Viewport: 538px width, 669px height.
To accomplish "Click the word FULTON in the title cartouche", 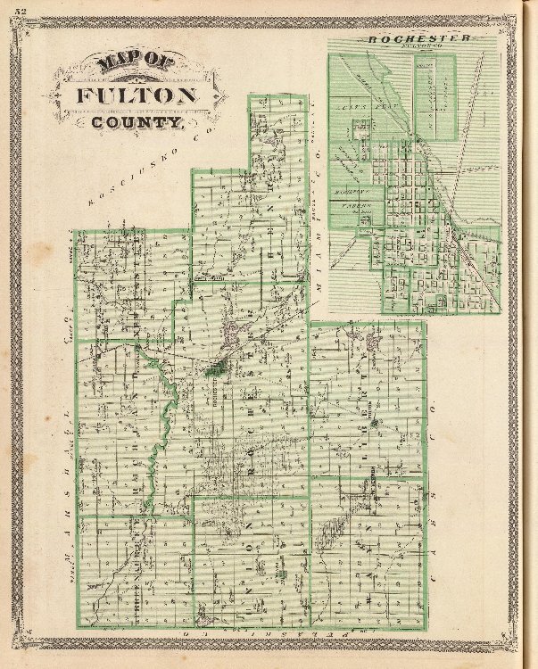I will [136, 95].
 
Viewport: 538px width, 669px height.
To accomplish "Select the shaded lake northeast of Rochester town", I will [234, 334].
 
